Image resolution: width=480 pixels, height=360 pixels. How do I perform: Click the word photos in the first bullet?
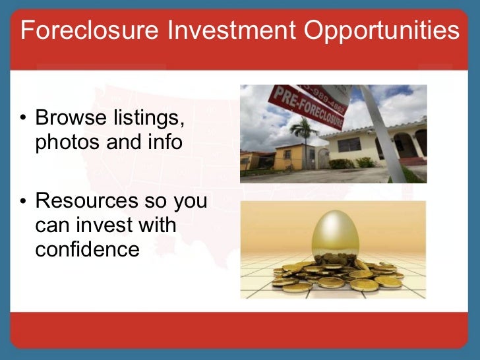(x=65, y=142)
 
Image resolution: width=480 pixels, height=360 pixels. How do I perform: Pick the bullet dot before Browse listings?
(x=22, y=119)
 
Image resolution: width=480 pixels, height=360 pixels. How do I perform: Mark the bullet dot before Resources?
(x=22, y=200)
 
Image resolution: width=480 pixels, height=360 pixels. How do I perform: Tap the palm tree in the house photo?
(x=304, y=135)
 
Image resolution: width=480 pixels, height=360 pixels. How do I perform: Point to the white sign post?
(x=383, y=132)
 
